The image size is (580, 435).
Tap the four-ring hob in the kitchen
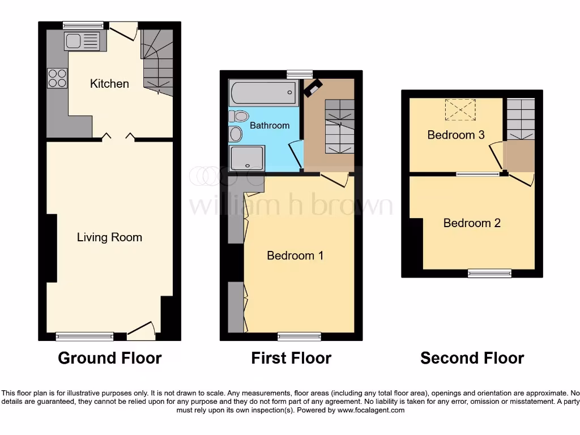coord(57,78)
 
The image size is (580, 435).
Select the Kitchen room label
coord(109,84)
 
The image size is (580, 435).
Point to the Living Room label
coord(109,237)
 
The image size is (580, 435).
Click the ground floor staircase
coord(157,62)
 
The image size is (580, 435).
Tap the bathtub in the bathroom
coord(263,92)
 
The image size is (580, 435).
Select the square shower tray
coord(247,157)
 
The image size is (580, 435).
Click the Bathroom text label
coord(270,125)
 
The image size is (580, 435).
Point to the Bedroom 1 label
coord(295,255)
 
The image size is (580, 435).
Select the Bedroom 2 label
coord(472,223)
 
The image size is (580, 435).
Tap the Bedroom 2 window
coord(489,274)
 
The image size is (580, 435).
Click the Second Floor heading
coord(472,358)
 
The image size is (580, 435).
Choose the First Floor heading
coord(291,358)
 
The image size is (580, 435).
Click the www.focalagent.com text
coord(370,410)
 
